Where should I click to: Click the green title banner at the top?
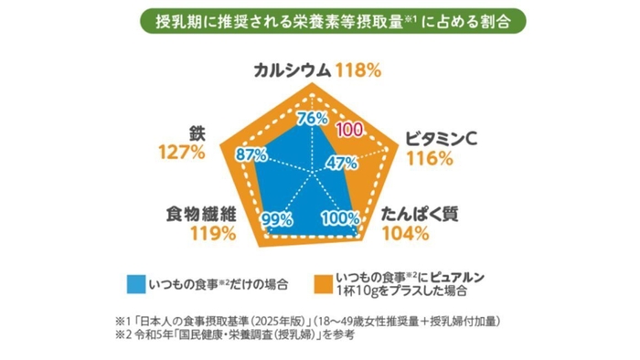320,21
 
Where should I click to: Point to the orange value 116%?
431,159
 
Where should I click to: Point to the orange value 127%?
181,152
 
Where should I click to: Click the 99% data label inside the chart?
276,218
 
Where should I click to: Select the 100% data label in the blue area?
340,218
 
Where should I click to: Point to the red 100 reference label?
349,130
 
